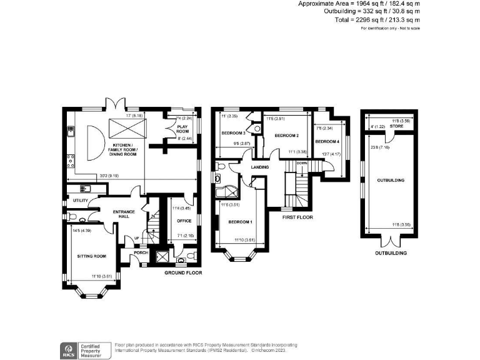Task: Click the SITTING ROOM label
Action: (91, 256)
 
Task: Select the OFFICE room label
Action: (183, 221)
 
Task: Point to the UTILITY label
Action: (80, 201)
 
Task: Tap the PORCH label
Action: (141, 252)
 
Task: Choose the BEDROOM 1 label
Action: (240, 222)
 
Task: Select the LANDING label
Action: (260, 167)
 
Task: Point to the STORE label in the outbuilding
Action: (397, 126)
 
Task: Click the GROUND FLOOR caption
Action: (183, 273)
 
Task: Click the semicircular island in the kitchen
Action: (92, 142)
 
